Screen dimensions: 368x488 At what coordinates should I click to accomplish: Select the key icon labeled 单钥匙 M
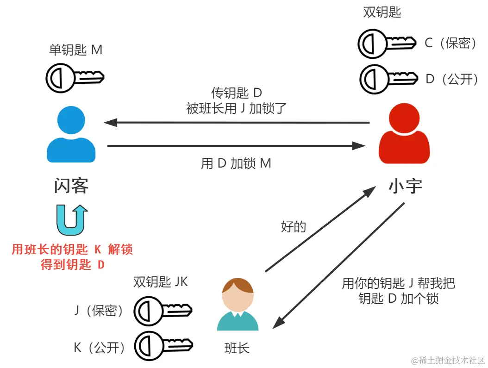point(75,77)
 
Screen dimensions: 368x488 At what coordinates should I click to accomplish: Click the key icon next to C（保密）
point(387,44)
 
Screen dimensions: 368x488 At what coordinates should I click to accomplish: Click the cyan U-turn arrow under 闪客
point(72,219)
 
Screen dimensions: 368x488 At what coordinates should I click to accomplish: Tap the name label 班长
point(237,348)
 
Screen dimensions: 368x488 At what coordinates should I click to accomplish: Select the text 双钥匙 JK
point(160,282)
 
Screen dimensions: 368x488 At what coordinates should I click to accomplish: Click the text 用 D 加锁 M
point(236,163)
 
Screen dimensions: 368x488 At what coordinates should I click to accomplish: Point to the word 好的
point(293,227)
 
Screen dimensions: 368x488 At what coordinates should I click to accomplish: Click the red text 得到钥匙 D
point(73,265)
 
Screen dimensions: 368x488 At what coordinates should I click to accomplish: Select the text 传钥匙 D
point(237,93)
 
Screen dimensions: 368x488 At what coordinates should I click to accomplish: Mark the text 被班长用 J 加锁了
point(237,108)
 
